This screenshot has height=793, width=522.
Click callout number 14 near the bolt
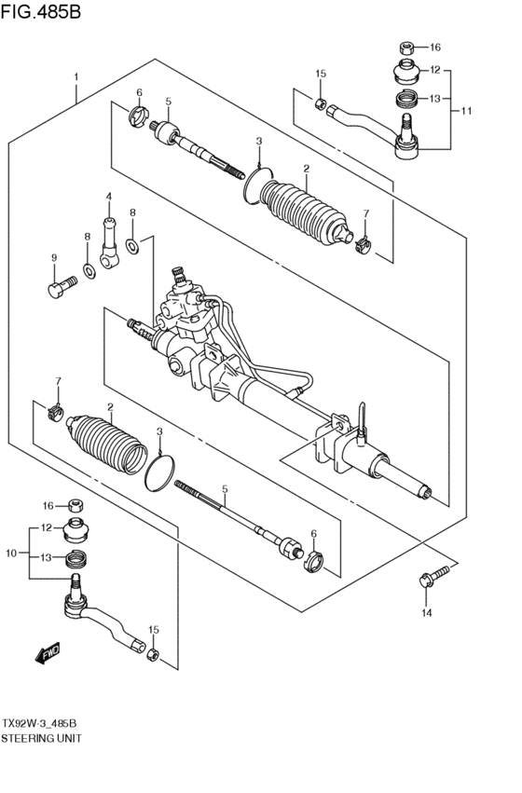pyautogui.click(x=426, y=612)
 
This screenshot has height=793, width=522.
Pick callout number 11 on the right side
pyautogui.click(x=466, y=112)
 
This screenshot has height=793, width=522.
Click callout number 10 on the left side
pyautogui.click(x=11, y=554)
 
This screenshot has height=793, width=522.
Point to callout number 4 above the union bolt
pyautogui.click(x=108, y=197)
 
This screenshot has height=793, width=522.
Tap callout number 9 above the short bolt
pyautogui.click(x=53, y=258)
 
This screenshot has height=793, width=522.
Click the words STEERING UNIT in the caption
pyautogui.click(x=41, y=737)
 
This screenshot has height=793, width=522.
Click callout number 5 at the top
pyautogui.click(x=169, y=102)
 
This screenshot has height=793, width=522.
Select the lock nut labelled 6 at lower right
pyautogui.click(x=314, y=558)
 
